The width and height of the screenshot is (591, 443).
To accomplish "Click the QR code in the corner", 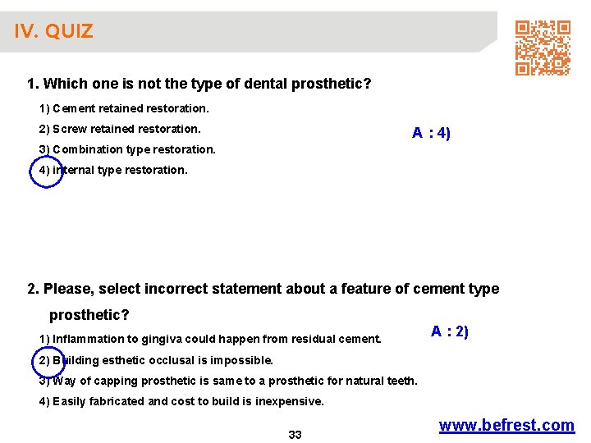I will pyautogui.click(x=543, y=48).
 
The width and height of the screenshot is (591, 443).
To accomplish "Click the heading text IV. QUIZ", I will pyautogui.click(x=53, y=32).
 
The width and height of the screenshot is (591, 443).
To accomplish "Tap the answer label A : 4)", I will pyautogui.click(x=431, y=133).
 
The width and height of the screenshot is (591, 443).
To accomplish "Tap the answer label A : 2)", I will pyautogui.click(x=450, y=331).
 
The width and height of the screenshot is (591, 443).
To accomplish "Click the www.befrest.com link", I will pyautogui.click(x=506, y=425).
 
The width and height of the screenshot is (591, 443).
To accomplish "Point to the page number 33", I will pyautogui.click(x=295, y=435).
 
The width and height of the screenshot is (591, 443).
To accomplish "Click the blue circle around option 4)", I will pyautogui.click(x=45, y=171).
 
